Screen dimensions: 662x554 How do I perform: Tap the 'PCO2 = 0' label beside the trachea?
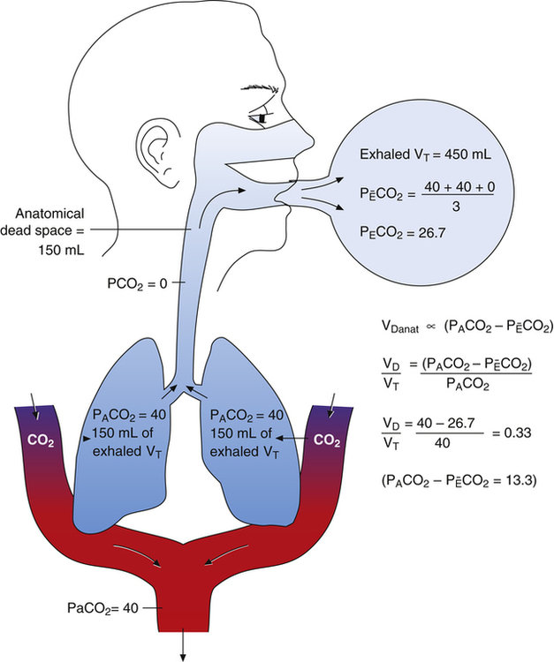coord(132,282)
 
